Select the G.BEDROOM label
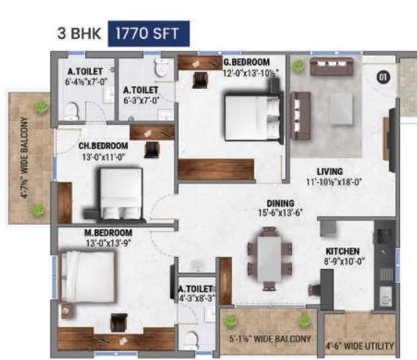pyautogui.click(x=247, y=62)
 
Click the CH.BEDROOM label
pyautogui.click(x=104, y=145)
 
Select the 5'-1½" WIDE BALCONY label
pyautogui.click(x=269, y=339)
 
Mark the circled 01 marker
pyautogui.click(x=382, y=76)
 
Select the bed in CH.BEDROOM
pyautogui.click(x=120, y=190)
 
